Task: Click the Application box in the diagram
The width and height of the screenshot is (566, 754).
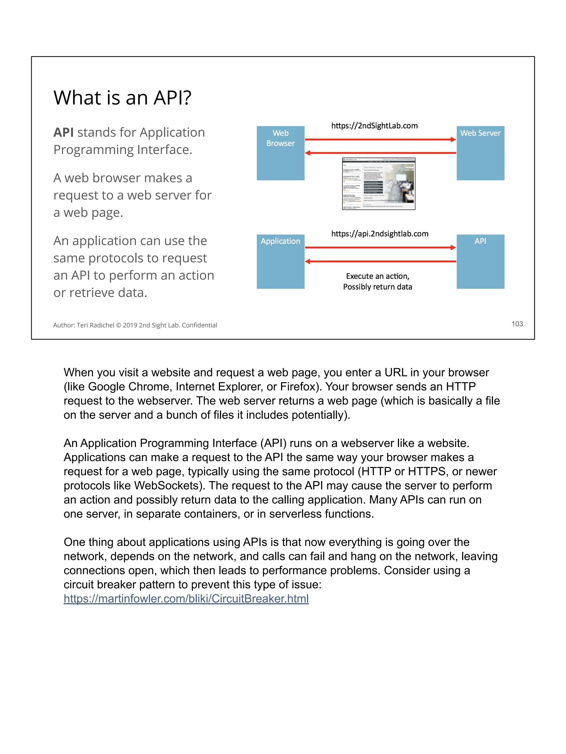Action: (x=281, y=261)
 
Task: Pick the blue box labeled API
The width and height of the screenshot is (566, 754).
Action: (x=480, y=261)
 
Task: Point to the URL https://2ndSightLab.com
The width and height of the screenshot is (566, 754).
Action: (x=374, y=126)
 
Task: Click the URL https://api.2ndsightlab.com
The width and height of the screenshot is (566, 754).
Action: (x=379, y=234)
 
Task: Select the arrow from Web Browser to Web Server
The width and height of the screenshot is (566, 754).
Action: (x=380, y=139)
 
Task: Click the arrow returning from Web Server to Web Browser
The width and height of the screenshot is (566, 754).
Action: (x=380, y=153)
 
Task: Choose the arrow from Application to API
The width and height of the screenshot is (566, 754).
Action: (x=380, y=247)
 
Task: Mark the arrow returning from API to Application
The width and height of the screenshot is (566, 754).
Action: (x=380, y=261)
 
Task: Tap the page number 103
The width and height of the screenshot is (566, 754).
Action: (x=517, y=324)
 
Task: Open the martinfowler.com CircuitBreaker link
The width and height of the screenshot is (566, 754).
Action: (x=186, y=599)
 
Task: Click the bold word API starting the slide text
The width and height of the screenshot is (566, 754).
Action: (x=64, y=132)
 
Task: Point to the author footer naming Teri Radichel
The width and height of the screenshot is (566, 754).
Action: (x=135, y=325)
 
